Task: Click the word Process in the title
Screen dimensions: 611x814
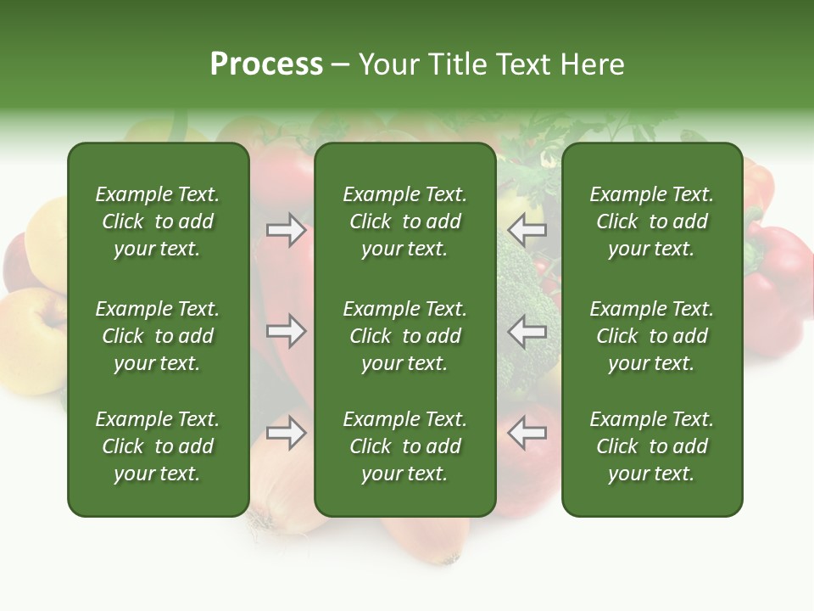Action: tap(266, 64)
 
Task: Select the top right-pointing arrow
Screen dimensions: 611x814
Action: tap(287, 230)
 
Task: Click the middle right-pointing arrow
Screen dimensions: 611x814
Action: tap(287, 331)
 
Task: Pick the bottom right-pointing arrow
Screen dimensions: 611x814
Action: tap(287, 433)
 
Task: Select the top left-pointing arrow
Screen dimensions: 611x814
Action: tap(527, 230)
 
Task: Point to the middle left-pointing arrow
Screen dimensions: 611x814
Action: tap(527, 331)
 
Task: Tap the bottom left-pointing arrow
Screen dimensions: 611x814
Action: tap(527, 433)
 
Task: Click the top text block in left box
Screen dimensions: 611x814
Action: tap(158, 221)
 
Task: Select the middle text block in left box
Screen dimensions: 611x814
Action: tap(158, 336)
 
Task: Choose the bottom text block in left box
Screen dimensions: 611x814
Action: tap(158, 446)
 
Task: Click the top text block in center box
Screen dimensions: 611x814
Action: tap(404, 221)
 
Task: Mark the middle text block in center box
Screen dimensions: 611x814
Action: tap(404, 336)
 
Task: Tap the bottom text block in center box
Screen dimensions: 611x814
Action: tap(404, 446)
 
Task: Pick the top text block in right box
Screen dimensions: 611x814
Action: tap(651, 221)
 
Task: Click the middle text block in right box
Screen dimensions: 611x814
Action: tap(651, 336)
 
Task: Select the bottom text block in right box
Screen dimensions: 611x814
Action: tap(651, 446)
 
